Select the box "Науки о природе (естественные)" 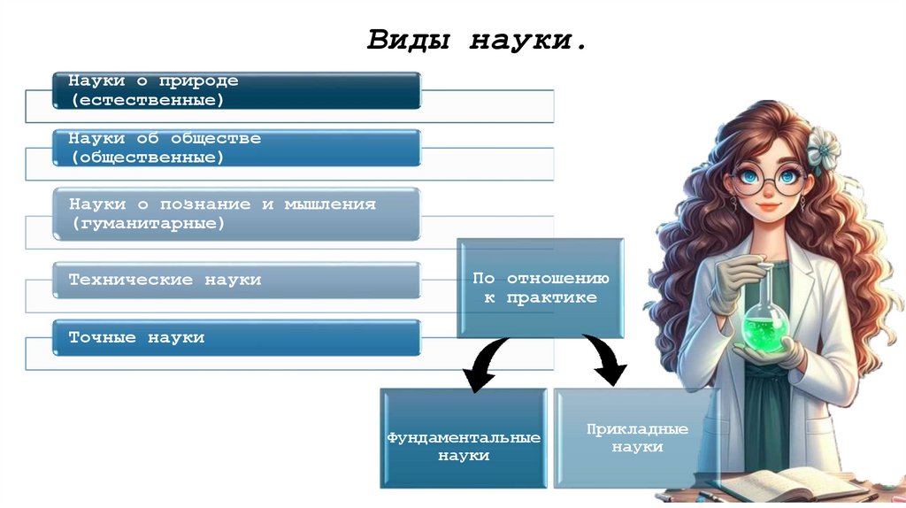235,90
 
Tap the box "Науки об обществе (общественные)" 235,148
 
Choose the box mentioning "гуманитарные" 235,214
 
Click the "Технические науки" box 235,280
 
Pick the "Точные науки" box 235,337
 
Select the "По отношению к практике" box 540,288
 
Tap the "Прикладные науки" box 637,438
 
